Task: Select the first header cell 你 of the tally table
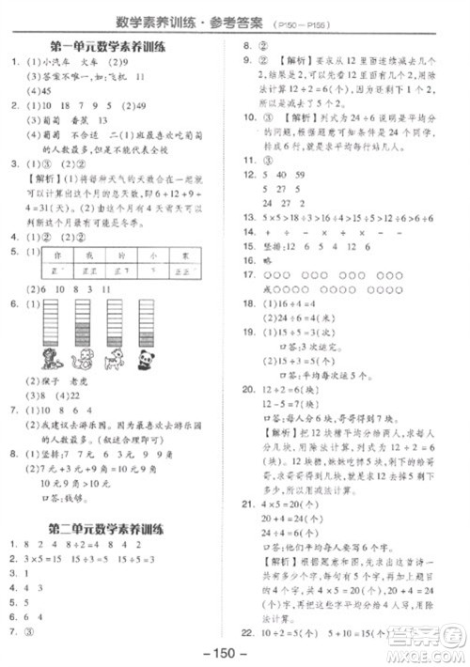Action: pos(58,255)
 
